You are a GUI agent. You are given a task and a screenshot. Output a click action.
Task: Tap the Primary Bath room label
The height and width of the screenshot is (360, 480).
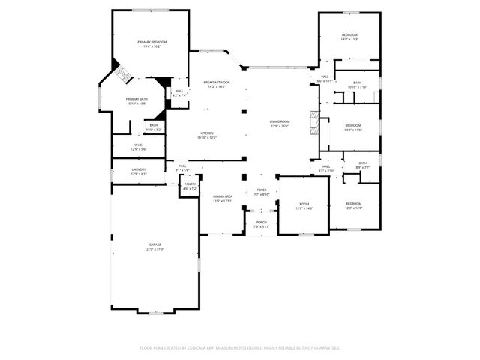[136, 100]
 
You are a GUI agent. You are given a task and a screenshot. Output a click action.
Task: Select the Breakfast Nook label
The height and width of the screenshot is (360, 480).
[216, 82]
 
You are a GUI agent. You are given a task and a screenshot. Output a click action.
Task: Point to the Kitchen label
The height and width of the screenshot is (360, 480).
[207, 133]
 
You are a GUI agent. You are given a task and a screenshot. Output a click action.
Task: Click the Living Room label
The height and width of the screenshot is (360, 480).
[280, 121]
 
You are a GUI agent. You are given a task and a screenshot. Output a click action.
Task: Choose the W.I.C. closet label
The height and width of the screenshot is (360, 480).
[139, 145]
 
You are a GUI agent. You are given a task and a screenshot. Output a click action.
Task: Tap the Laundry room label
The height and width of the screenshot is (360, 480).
[139, 169]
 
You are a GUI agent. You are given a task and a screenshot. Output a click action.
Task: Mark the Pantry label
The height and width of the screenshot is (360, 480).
[190, 184]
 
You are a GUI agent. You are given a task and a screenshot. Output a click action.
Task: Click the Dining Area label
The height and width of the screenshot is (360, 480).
[223, 196]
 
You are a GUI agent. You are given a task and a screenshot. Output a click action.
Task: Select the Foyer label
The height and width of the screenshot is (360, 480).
[262, 190]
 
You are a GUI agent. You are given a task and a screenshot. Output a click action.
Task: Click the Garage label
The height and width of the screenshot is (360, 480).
[155, 245]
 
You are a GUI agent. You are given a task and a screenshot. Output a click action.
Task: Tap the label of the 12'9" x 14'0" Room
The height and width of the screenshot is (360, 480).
[304, 204]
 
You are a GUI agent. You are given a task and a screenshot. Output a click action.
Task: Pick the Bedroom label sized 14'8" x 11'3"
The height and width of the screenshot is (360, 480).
[350, 35]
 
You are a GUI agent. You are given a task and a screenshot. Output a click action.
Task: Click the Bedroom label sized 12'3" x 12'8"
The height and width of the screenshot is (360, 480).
[354, 204]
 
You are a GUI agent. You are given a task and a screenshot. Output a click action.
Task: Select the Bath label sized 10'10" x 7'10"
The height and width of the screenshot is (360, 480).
[358, 82]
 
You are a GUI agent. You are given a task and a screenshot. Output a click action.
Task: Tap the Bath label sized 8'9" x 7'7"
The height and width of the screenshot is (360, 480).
[363, 163]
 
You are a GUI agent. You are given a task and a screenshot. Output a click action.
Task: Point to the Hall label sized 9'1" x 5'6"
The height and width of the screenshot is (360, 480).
[182, 166]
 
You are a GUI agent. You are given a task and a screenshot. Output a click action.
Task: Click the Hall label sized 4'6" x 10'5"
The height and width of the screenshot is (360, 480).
[325, 76]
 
